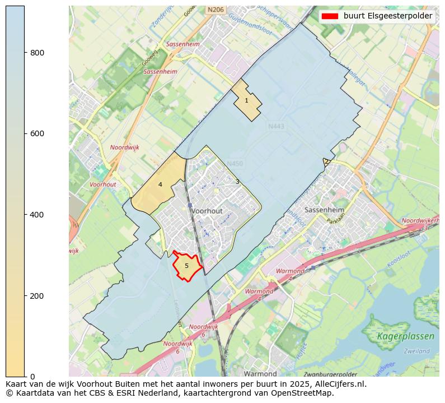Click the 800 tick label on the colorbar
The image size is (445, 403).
(x=37, y=53)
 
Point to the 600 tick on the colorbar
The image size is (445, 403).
(x=37, y=133)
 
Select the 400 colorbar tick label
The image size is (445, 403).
(x=37, y=215)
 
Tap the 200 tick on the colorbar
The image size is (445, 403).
(x=37, y=295)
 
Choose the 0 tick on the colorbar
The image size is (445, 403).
(x=32, y=376)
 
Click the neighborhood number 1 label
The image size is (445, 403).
(x=246, y=101)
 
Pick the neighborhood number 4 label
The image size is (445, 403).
(x=160, y=184)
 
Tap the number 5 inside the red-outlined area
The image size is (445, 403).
(x=186, y=266)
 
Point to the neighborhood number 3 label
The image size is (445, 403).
(x=237, y=182)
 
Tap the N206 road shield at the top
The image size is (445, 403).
(x=215, y=10)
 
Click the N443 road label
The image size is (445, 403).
(x=276, y=127)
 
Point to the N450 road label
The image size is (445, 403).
(x=235, y=164)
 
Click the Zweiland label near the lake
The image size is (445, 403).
(x=416, y=351)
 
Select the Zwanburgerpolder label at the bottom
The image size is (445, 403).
(x=330, y=374)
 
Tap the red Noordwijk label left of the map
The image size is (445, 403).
(x=124, y=147)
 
